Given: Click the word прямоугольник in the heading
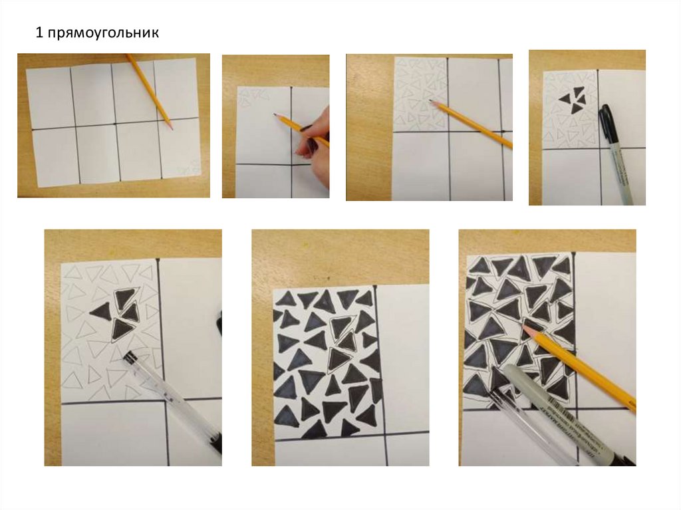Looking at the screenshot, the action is click(103, 33).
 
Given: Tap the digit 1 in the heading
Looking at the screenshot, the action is click(39, 33).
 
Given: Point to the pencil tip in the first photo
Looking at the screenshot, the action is click(172, 128).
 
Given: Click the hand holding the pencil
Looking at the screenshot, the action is click(314, 133).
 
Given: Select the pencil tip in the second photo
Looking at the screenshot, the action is click(275, 114).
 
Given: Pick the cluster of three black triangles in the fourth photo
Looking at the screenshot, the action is click(573, 100).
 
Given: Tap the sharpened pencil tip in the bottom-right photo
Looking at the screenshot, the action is click(525, 326).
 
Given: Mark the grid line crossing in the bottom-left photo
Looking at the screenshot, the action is click(164, 400).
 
